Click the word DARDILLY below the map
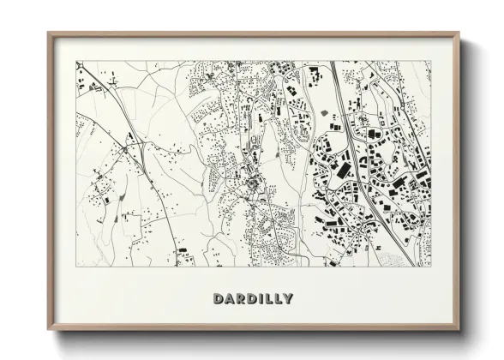tap(252, 298)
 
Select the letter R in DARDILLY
tap(241, 298)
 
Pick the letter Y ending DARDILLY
tap(288, 298)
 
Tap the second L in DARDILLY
tap(278, 298)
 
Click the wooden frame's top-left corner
tap(49, 34)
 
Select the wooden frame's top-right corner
tap(458, 34)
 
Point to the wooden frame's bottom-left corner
tap(49, 328)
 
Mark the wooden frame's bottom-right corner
tap(458, 328)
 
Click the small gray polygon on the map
tap(324, 113)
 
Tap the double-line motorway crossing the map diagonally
tap(369, 171)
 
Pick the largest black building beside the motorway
tap(343, 170)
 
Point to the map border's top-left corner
tap(76, 61)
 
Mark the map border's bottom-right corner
tap(430, 266)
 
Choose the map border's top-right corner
tap(430, 61)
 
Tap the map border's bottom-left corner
tap(76, 266)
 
